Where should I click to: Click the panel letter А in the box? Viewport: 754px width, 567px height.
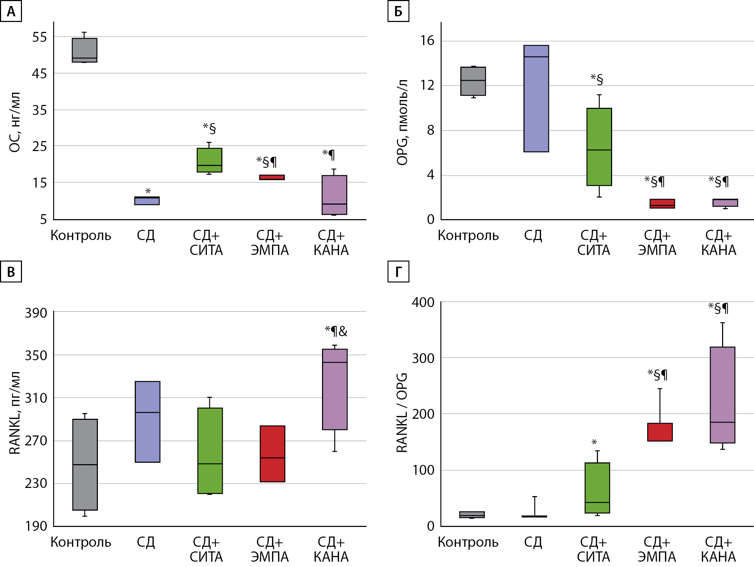11,11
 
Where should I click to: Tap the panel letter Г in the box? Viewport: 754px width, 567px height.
398,272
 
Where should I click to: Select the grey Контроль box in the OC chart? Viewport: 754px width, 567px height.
84,50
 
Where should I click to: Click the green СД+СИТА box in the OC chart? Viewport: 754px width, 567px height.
209,160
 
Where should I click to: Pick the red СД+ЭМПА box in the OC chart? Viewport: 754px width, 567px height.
272,177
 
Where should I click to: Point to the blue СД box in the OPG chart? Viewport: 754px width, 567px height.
536,98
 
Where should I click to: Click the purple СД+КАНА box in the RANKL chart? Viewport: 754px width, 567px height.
334,389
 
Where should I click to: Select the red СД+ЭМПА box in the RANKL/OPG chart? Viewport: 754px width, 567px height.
660,432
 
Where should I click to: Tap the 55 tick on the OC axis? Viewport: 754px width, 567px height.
39,37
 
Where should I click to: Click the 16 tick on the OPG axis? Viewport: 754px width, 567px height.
427,41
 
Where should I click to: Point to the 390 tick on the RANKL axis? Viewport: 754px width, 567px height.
36,313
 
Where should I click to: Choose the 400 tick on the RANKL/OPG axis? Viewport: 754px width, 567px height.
423,302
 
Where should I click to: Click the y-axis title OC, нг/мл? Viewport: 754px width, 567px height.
15,122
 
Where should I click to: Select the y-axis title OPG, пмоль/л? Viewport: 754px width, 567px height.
402,122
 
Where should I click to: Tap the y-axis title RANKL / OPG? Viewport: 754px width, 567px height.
402,412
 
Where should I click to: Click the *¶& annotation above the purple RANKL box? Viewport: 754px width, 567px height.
336,331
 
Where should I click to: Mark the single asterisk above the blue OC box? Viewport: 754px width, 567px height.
148,191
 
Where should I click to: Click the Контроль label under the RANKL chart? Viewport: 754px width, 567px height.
81,542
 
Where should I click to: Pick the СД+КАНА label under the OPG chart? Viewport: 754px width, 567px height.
719,243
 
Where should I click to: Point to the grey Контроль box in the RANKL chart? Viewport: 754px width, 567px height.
85,464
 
